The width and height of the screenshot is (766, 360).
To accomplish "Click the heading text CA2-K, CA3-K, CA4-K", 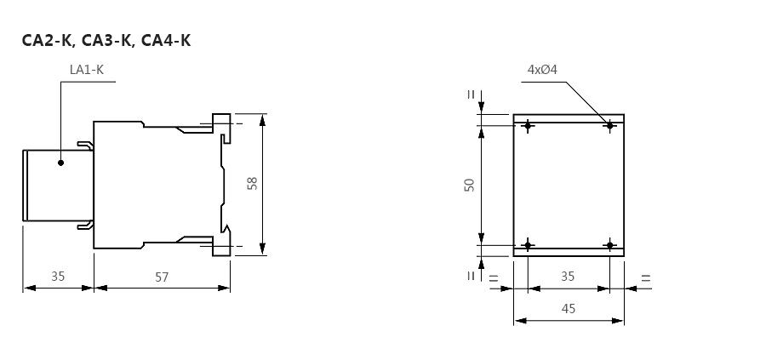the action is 106,40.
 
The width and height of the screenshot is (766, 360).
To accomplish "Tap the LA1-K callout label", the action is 87,70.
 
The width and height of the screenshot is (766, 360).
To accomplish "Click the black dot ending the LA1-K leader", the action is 60,163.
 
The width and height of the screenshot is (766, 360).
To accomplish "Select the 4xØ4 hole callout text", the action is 542,70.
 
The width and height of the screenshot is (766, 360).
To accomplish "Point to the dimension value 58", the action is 252,184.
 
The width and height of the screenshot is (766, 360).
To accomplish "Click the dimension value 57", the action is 162,277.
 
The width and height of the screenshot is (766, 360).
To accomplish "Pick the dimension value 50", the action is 469,186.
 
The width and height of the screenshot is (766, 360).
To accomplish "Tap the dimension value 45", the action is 569,309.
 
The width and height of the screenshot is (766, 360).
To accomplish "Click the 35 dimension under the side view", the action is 58,276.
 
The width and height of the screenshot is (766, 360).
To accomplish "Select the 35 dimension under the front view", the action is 568,276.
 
